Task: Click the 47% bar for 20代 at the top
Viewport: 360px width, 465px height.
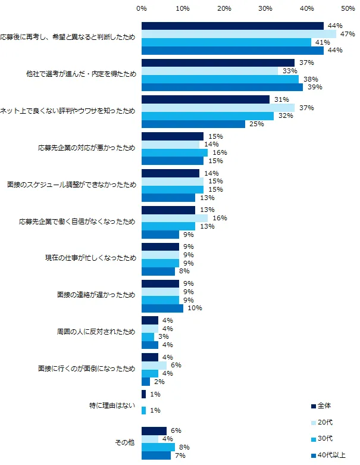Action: (238, 34)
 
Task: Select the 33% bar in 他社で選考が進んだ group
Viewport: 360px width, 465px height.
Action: (209, 71)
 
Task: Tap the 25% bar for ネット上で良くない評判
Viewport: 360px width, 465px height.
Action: (193, 124)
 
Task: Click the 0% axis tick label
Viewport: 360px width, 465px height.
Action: (142, 9)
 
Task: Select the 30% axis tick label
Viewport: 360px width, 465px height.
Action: (265, 9)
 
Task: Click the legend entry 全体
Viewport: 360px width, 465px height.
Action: (324, 405)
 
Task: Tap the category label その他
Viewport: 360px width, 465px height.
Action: (125, 442)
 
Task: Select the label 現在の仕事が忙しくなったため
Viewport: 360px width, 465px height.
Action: (91, 258)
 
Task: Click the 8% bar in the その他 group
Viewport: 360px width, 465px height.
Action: (158, 447)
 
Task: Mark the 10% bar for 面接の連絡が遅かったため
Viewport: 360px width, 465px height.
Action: (162, 308)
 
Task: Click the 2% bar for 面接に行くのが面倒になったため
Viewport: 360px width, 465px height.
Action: (146, 382)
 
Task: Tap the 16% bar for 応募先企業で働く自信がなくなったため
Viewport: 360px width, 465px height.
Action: (174, 218)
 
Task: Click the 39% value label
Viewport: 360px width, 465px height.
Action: (312, 87)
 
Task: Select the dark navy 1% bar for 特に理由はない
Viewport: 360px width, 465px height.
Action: (143, 394)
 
